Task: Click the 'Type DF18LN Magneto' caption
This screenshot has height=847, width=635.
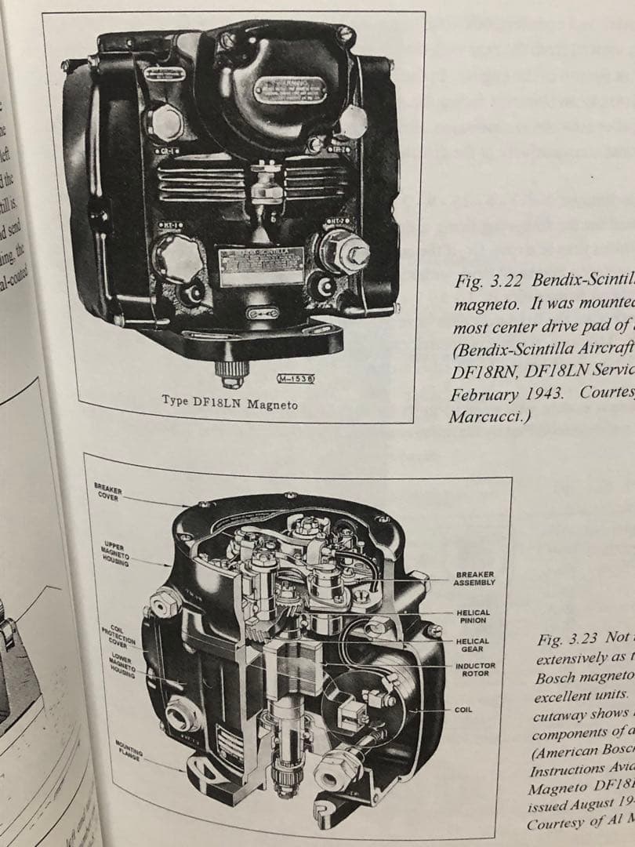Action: pos(229,402)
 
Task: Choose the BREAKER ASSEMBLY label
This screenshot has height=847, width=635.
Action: pos(475,578)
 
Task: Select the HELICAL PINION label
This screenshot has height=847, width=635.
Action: pos(473,616)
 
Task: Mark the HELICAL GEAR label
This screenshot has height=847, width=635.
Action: pos(473,644)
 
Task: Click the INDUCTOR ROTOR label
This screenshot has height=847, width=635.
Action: pos(474,669)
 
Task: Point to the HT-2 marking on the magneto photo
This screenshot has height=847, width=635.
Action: pos(338,222)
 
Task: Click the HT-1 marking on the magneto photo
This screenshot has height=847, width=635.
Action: pos(172,226)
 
